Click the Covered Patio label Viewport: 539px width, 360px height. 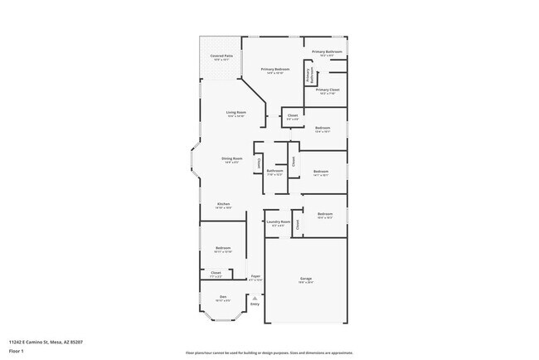221,56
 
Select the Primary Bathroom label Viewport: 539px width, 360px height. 328,52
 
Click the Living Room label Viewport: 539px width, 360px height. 236,113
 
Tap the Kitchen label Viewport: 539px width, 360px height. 224,204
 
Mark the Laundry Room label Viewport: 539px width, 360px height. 279,222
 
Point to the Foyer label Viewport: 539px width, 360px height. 256,278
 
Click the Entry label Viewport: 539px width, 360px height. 255,304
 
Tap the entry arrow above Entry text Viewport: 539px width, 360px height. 255,298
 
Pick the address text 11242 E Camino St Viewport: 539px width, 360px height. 46,342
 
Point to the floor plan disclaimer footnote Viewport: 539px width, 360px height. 269,352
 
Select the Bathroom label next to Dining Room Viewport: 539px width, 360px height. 274,172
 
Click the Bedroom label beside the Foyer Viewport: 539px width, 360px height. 223,249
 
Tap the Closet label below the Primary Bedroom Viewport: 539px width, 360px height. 292,116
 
